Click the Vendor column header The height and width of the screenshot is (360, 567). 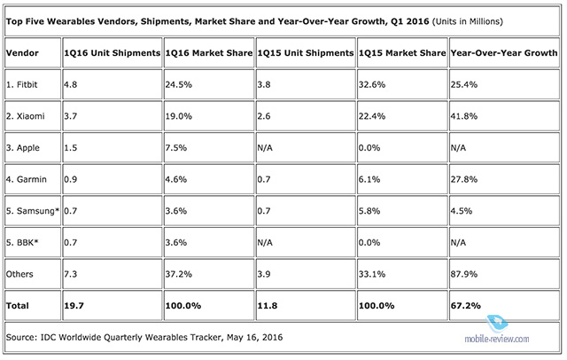23,52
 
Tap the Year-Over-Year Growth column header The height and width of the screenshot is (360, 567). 497,52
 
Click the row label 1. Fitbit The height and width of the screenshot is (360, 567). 27,88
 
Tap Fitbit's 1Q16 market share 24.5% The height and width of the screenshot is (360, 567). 181,88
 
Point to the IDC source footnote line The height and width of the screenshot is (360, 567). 143,338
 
